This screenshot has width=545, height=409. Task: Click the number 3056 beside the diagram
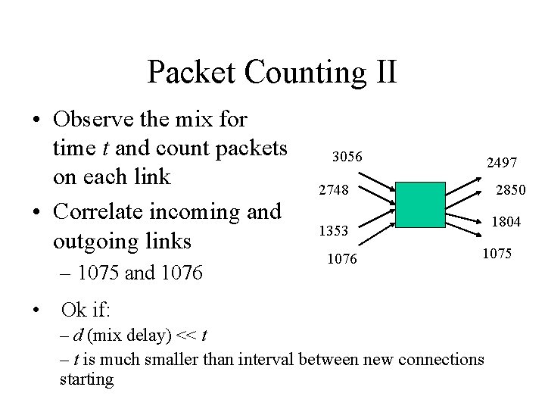tap(348, 157)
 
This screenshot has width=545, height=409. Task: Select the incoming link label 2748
tap(333, 191)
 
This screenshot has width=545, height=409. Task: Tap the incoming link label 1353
tap(333, 229)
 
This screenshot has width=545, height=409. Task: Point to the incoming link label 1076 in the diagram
tap(341, 260)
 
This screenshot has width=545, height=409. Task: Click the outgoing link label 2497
tap(502, 162)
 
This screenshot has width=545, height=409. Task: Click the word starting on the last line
tap(86, 379)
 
